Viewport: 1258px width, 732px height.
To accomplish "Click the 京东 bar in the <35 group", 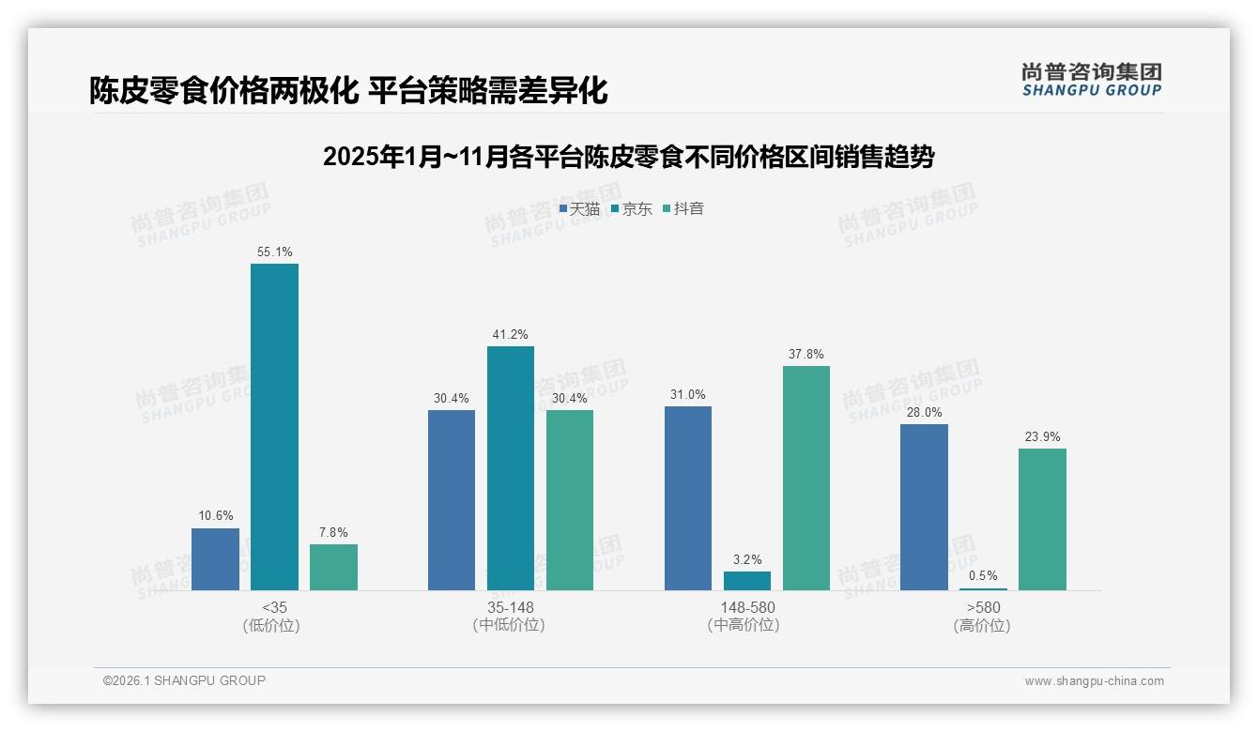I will (274, 427).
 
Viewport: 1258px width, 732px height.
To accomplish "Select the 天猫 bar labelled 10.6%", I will (215, 559).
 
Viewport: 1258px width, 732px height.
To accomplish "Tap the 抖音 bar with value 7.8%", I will (333, 567).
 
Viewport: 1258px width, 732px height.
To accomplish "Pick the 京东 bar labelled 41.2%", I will (510, 468).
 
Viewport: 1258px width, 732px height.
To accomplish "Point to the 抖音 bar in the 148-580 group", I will (806, 478).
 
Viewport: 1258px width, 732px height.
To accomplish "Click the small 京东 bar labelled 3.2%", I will (747, 581).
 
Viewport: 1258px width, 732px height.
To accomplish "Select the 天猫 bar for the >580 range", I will (924, 507).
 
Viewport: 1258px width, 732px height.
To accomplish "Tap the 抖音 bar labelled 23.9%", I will (1042, 519).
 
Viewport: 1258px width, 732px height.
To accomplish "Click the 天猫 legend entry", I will (579, 208).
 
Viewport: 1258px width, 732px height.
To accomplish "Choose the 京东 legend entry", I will (632, 208).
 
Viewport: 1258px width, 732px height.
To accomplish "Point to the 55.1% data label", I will (274, 252).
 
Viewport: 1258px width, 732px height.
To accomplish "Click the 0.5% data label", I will (983, 576).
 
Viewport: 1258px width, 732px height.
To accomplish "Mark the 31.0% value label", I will (688, 394).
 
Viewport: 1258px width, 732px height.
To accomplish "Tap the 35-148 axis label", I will (510, 607).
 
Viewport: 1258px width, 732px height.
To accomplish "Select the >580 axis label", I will (983, 607).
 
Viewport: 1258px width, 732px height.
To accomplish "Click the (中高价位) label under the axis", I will (747, 625).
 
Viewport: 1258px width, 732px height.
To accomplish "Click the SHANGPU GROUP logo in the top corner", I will (1092, 79).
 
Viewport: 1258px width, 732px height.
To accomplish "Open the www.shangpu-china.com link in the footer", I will (1094, 681).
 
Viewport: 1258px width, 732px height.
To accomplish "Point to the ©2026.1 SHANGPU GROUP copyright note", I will (184, 680).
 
